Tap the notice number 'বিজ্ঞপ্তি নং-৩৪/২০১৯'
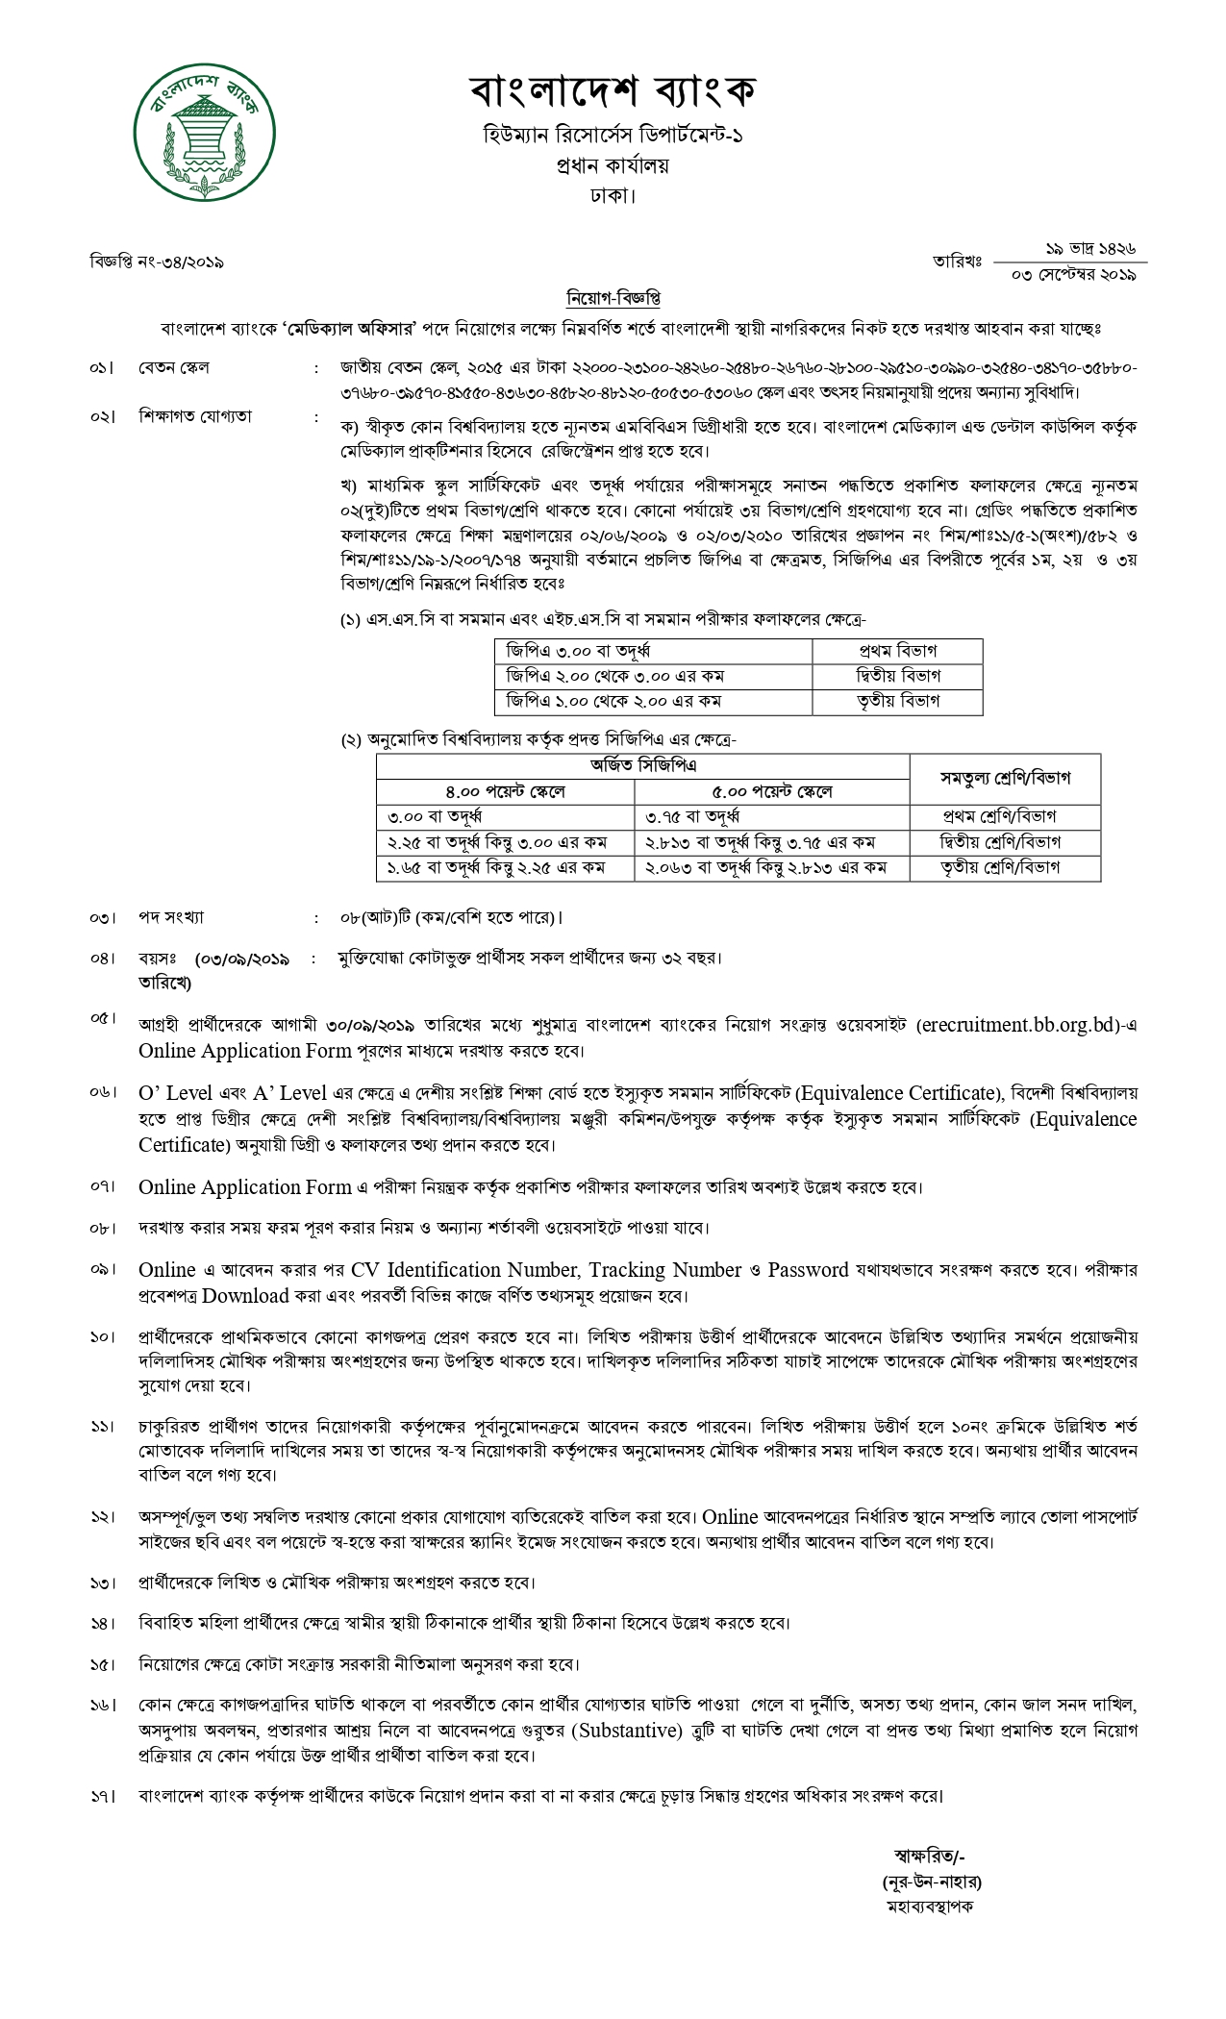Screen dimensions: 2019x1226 [157, 262]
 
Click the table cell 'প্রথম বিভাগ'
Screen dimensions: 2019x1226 [897, 651]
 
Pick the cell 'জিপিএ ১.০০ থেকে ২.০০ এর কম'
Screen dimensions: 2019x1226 [615, 702]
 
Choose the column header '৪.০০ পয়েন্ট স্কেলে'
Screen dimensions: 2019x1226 [505, 791]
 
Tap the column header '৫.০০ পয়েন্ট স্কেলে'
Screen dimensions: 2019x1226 [772, 791]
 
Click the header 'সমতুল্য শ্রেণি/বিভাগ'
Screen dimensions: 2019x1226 [1005, 779]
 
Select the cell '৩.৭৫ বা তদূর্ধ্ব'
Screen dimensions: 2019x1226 [698, 817]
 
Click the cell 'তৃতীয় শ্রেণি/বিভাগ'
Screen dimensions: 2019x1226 [1005, 867]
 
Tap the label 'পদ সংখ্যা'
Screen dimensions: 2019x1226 [171, 917]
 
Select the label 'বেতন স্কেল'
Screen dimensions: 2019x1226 [174, 367]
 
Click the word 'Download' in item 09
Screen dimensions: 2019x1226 [245, 1295]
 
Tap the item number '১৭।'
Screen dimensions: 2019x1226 [102, 1796]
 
